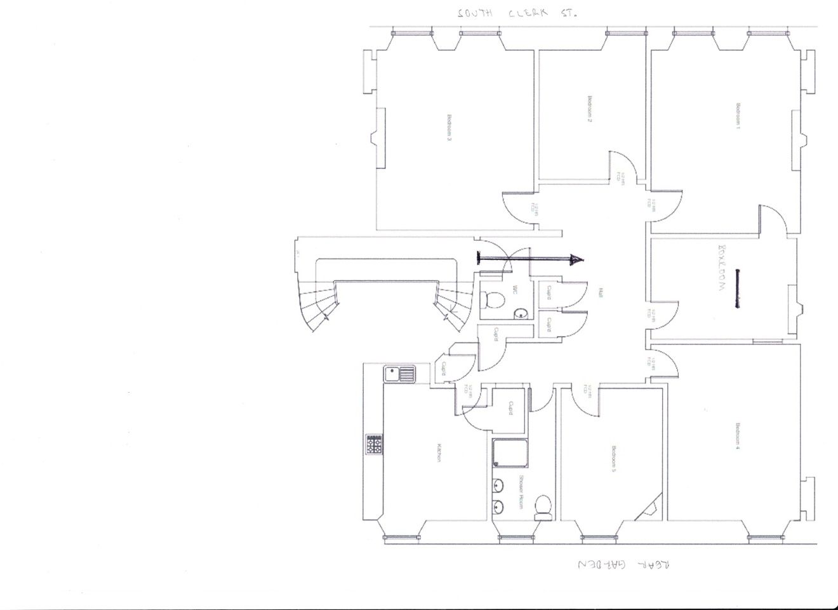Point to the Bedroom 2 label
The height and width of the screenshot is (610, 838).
tap(589, 108)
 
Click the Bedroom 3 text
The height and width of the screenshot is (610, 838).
tap(449, 127)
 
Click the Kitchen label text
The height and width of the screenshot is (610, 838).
tap(438, 452)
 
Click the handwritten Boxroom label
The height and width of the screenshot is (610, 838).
tap(721, 267)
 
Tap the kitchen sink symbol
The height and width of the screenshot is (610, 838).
tap(399, 374)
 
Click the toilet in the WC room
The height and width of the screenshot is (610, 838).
tap(493, 297)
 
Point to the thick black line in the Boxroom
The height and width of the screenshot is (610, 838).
tap(738, 289)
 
